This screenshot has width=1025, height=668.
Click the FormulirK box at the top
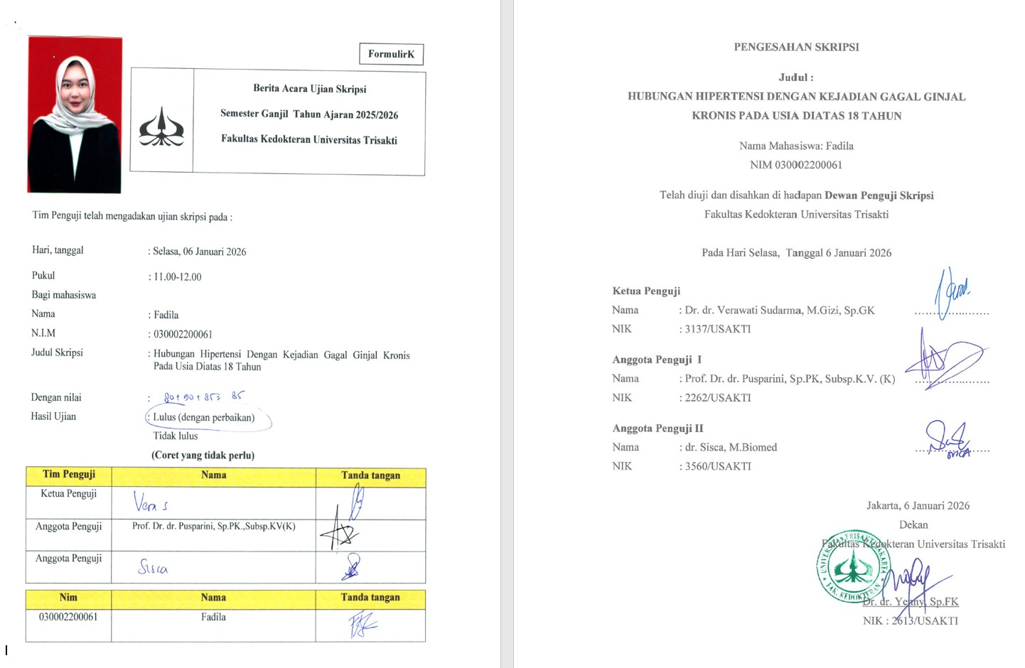pyautogui.click(x=391, y=54)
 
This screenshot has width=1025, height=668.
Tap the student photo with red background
pyautogui.click(x=75, y=115)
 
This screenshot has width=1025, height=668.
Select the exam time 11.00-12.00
pyautogui.click(x=178, y=277)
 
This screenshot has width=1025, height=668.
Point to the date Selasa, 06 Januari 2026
pyautogui.click(x=200, y=252)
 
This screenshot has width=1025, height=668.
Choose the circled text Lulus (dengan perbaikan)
pyautogui.click(x=204, y=417)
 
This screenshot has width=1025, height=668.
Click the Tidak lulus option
pyautogui.click(x=176, y=436)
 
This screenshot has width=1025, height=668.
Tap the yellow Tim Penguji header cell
pyautogui.click(x=69, y=475)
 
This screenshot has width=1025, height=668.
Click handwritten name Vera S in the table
pyautogui.click(x=151, y=502)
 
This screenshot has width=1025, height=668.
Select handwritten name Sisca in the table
pyautogui.click(x=153, y=566)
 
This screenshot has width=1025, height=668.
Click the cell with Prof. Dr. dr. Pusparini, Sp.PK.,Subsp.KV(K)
pyautogui.click(x=213, y=527)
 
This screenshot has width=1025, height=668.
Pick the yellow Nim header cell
pyautogui.click(x=68, y=598)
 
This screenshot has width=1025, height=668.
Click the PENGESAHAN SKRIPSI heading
pyautogui.click(x=796, y=47)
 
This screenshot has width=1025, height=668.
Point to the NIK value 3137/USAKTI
pyautogui.click(x=717, y=329)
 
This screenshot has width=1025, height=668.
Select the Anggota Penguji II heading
pyautogui.click(x=658, y=429)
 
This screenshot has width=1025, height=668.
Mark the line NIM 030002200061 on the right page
pyautogui.click(x=796, y=165)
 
